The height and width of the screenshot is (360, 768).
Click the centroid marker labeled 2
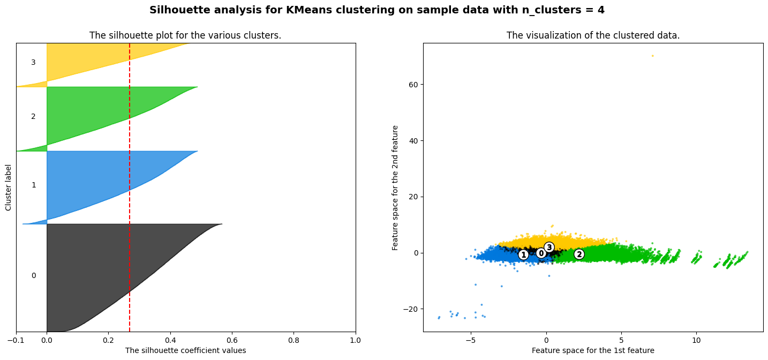click(579, 254)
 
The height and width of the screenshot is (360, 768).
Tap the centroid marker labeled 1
click(524, 254)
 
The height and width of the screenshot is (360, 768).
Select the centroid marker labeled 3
click(549, 247)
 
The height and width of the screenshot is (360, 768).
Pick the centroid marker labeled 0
click(541, 253)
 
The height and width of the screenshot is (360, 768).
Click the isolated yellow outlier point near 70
click(652, 56)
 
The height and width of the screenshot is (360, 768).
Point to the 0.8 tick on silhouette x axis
click(293, 340)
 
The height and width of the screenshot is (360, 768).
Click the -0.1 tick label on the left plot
click(16, 340)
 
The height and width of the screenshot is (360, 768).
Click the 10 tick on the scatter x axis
click(696, 340)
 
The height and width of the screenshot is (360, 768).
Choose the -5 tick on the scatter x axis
click(471, 340)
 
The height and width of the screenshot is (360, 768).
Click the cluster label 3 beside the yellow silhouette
click(33, 63)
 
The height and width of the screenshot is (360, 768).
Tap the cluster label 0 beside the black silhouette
click(33, 275)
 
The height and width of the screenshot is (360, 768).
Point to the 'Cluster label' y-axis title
click(9, 187)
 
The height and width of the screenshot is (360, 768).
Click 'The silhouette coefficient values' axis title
click(185, 350)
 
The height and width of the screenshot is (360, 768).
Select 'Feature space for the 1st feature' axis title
click(593, 350)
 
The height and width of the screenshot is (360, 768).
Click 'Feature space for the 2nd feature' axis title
click(396, 187)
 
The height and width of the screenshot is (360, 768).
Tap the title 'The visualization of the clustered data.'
click(593, 35)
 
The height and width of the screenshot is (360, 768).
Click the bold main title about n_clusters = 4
click(377, 10)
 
